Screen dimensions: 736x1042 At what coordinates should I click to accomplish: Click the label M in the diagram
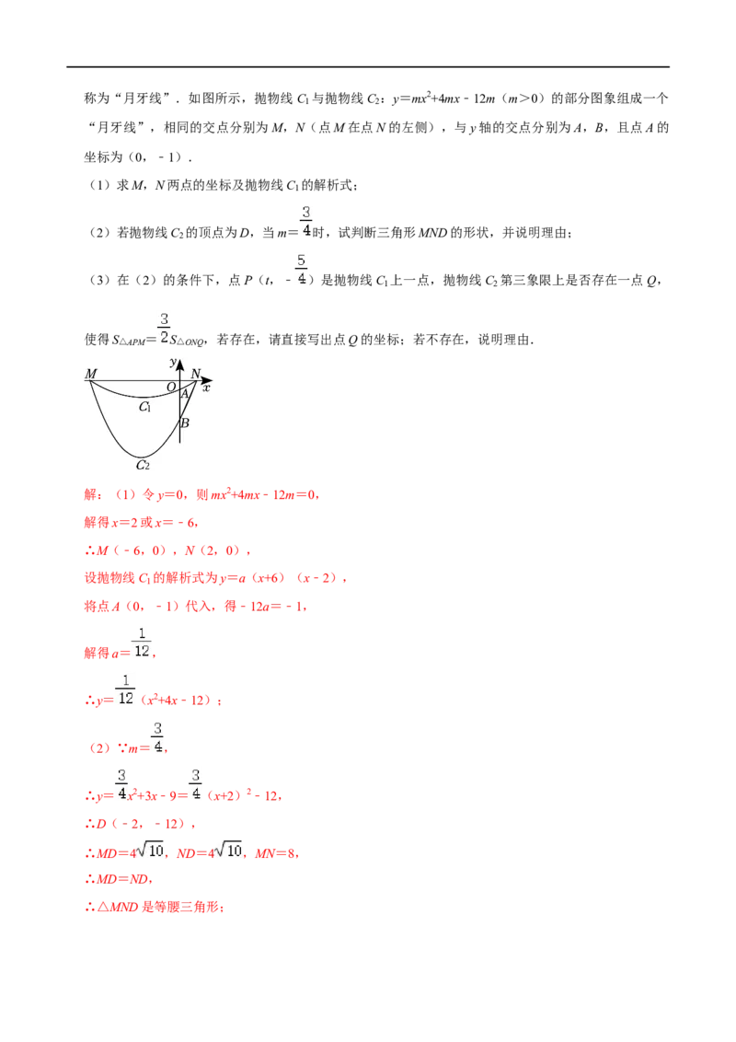tap(91, 374)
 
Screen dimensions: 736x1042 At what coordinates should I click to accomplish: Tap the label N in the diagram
tap(196, 374)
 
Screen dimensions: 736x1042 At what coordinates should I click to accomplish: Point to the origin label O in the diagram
tap(171, 387)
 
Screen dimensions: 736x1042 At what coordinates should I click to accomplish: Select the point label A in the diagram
tap(185, 394)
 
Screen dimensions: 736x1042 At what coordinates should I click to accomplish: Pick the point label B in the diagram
tap(185, 423)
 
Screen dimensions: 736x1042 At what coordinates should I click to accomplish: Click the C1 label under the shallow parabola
tap(144, 407)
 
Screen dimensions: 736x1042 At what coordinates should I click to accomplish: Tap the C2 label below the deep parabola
tap(143, 465)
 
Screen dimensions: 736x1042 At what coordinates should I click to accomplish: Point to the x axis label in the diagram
tap(207, 388)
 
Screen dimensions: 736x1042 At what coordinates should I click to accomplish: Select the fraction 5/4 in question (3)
tap(302, 269)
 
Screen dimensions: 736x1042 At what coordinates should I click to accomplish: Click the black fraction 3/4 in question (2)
tap(305, 222)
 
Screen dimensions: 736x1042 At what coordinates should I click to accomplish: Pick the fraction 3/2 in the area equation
tap(164, 329)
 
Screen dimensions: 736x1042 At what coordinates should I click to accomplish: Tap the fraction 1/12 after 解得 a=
tap(142, 642)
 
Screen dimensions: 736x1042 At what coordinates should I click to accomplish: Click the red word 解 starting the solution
tap(90, 494)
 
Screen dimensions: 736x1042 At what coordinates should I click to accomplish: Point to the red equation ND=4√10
tap(209, 851)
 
